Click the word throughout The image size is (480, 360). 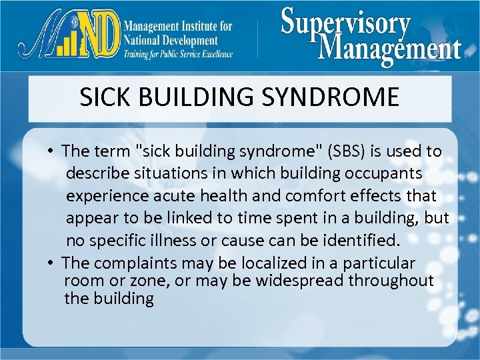(x=393, y=281)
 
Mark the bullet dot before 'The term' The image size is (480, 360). (x=51, y=152)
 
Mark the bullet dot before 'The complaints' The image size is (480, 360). (x=51, y=263)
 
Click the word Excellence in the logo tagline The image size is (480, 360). (x=212, y=54)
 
